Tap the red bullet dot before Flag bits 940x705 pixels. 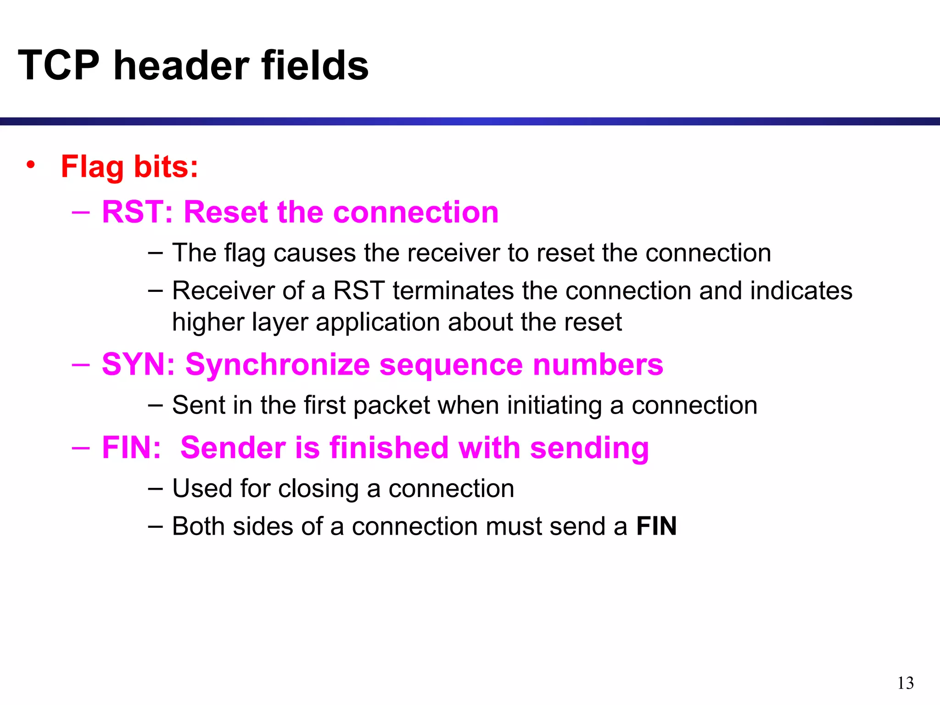coord(30,165)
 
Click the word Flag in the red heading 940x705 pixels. coord(92,167)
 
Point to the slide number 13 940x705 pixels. coord(905,683)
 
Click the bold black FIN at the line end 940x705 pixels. coord(656,526)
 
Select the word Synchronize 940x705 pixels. coord(277,364)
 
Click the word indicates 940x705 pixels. coord(801,291)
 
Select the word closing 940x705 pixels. coord(318,489)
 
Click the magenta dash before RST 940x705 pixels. coord(81,212)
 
